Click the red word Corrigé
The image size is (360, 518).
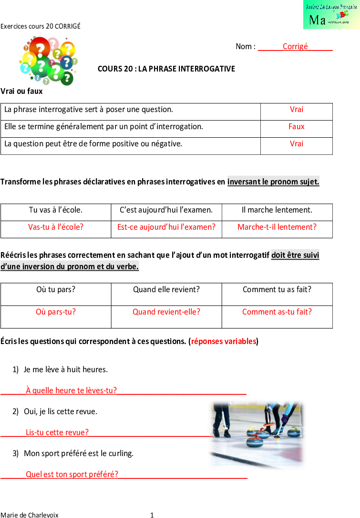pos(295,46)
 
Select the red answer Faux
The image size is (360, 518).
pos(296,126)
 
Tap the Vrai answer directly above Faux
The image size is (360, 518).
pos(296,109)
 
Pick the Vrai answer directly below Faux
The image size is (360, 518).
pos(296,143)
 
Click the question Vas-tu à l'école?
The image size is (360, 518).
pos(56,227)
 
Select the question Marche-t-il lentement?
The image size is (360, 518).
pos(277,227)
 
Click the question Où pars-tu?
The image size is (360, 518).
pos(56,312)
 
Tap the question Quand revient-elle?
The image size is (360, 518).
pos(166,312)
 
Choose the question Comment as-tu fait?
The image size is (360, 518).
pos(277,312)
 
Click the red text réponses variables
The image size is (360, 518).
pos(224,341)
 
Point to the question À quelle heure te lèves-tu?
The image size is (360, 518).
pos(71,390)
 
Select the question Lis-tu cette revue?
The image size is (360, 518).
pos(57,432)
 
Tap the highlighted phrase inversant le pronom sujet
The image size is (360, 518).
pos(273,182)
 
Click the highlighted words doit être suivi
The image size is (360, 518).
pos(295,255)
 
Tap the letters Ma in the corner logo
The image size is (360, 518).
pos(317,20)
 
